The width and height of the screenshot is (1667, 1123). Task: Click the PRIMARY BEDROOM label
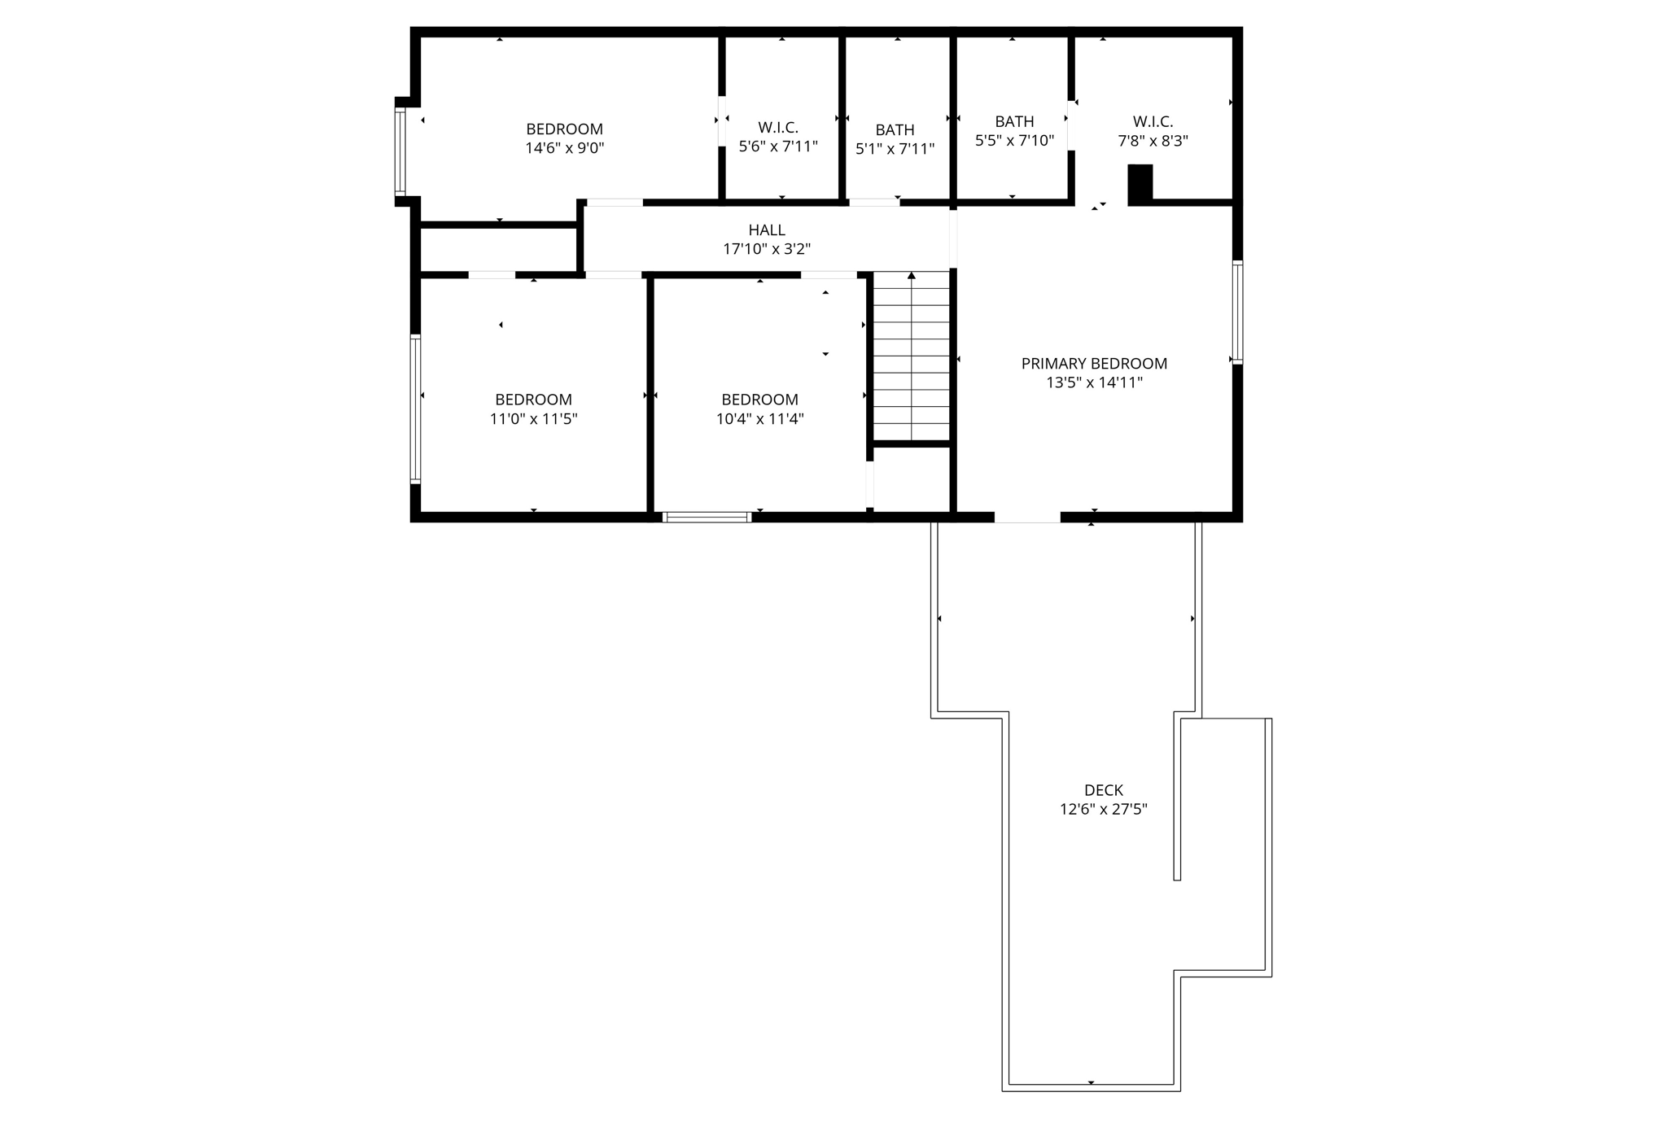(1094, 364)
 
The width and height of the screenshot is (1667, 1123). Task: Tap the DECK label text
(1104, 790)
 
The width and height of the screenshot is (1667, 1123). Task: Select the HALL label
(767, 230)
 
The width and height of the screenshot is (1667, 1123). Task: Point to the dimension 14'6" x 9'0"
(565, 148)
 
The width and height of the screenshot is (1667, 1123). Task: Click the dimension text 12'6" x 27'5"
(1104, 810)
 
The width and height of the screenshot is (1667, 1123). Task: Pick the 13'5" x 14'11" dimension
(1094, 382)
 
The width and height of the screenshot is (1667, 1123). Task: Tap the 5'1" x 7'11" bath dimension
(895, 149)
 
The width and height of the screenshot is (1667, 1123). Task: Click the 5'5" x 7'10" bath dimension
(1015, 141)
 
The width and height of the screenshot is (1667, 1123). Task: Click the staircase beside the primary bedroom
(912, 356)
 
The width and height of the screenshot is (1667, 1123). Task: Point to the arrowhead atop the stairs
(912, 276)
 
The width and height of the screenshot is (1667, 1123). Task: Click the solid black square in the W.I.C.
(1140, 184)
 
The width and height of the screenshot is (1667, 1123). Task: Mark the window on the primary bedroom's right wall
(1237, 312)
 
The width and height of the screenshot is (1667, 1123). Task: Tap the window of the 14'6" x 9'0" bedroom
(400, 151)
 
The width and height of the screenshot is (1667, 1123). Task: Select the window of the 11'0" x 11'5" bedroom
(415, 409)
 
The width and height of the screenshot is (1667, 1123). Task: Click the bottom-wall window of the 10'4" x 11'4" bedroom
(707, 517)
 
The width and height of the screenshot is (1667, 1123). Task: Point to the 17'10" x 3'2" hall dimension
(767, 249)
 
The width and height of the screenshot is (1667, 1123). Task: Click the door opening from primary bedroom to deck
(1027, 517)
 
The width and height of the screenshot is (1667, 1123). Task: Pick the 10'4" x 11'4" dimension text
(760, 419)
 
